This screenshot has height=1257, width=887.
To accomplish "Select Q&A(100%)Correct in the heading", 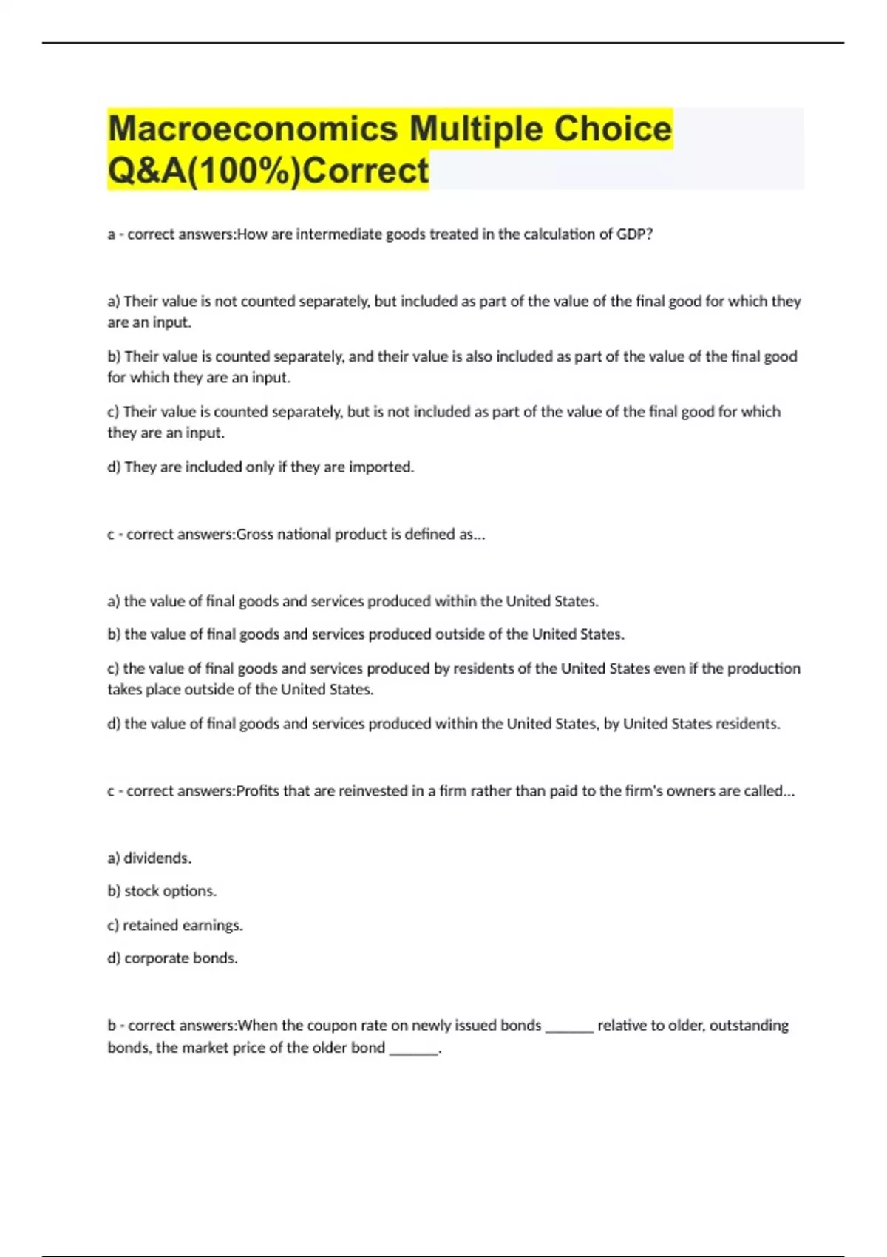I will [x=268, y=170].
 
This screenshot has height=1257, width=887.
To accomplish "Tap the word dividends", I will [x=157, y=858].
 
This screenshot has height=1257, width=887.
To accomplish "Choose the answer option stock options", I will [x=170, y=891].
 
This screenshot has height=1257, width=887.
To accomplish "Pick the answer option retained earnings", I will [x=183, y=925].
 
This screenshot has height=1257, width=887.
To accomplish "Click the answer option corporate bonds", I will [x=180, y=958].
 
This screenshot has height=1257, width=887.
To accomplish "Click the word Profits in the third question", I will [x=257, y=791].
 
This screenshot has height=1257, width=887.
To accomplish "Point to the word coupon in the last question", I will [x=332, y=1026].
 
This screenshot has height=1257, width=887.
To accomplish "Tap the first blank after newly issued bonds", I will [x=568, y=1028].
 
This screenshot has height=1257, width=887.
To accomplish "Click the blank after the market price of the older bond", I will [x=413, y=1050].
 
